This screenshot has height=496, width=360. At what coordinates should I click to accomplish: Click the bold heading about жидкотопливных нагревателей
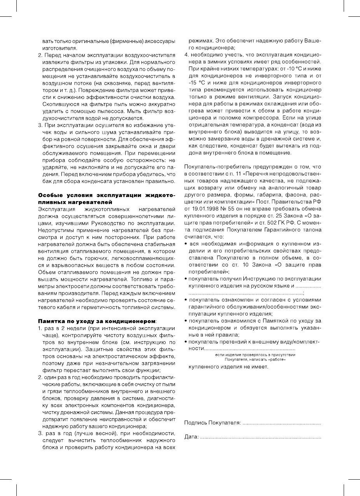(x=106, y=198)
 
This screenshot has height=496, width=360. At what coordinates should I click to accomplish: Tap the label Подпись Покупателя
(x=212, y=422)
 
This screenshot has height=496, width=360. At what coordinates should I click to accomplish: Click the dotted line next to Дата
(x=260, y=438)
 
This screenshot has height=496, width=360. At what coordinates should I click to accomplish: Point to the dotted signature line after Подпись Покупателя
(x=282, y=422)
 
